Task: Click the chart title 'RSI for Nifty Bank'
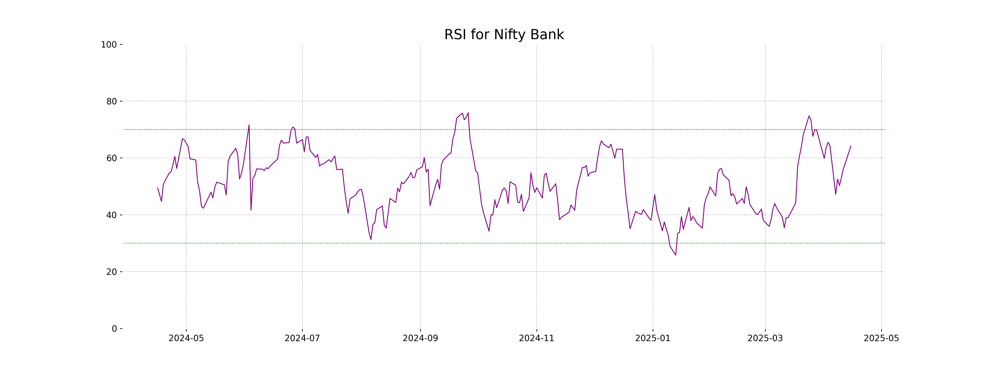(504, 35)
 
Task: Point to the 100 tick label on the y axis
(109, 45)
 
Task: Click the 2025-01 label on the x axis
(653, 338)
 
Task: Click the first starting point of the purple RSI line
(158, 188)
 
